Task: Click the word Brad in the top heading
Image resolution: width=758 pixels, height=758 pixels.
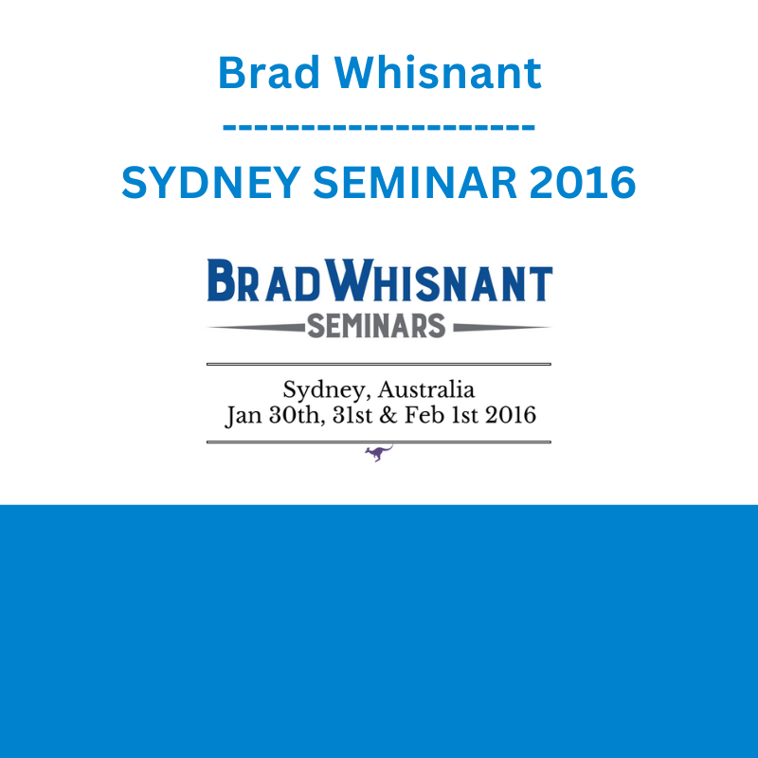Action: (x=269, y=73)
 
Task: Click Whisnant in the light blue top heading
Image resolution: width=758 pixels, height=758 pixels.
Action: (x=438, y=73)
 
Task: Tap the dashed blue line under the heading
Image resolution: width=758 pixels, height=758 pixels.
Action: (x=379, y=128)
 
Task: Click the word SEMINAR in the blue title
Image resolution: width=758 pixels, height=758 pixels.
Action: (x=415, y=182)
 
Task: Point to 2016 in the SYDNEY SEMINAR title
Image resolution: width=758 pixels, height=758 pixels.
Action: (x=583, y=182)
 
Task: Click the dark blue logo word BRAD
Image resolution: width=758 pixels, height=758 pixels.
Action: (x=264, y=280)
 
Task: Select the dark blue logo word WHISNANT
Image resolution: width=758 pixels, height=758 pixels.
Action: (x=439, y=280)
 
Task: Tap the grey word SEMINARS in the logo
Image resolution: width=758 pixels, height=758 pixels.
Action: (x=376, y=325)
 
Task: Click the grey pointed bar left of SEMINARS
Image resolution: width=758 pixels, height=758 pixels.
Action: (x=256, y=328)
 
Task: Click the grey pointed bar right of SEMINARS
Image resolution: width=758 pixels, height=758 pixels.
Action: (x=502, y=328)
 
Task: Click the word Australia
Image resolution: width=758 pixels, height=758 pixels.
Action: (x=425, y=389)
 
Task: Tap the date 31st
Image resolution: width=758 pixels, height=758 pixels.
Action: (x=352, y=415)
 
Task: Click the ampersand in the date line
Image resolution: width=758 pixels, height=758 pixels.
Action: (x=388, y=415)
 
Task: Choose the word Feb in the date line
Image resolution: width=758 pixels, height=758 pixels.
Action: (x=424, y=415)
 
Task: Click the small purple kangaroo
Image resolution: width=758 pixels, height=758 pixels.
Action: (x=378, y=454)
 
